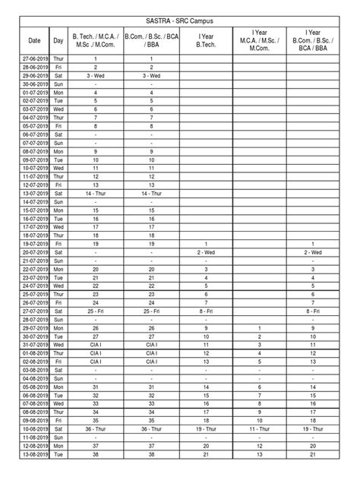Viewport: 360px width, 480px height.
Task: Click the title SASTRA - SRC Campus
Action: tap(180, 24)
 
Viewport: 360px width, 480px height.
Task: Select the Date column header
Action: tap(34, 40)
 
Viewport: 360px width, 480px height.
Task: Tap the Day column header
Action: tap(58, 40)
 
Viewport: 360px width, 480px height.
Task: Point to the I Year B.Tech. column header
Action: tap(206, 40)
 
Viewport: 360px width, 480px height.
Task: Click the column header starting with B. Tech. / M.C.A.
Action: tap(95, 40)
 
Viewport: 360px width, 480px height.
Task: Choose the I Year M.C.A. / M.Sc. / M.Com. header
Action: tap(260, 40)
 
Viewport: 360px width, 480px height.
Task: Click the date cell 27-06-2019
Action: tap(34, 58)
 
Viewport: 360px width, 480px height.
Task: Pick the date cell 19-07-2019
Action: tap(34, 244)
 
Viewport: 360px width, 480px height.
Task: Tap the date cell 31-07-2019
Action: tap(34, 345)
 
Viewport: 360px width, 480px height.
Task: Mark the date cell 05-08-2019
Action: tap(34, 387)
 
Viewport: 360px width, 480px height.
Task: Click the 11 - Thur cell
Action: tap(260, 429)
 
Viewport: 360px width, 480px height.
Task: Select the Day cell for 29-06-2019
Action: tap(58, 76)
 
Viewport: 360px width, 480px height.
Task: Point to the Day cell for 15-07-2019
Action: tap(58, 210)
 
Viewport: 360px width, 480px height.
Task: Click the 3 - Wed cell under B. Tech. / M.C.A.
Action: tap(95, 76)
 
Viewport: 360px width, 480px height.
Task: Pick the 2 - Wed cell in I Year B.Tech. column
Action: tap(206, 252)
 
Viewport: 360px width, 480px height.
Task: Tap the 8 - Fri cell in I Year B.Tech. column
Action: tap(206, 311)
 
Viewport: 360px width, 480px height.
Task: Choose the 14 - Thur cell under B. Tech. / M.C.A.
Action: tap(95, 194)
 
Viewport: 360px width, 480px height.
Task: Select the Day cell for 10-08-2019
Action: tap(58, 429)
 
